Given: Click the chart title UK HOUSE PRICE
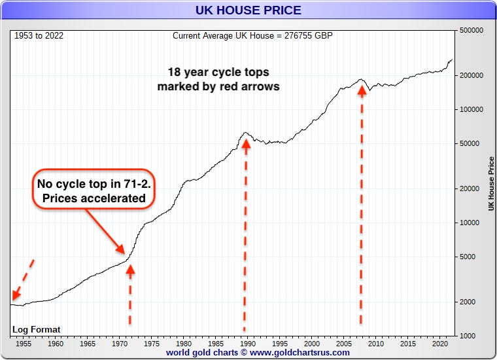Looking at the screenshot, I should [x=248, y=10].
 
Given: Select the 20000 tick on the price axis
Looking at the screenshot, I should [x=471, y=189].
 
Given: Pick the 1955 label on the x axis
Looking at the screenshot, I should [x=23, y=343].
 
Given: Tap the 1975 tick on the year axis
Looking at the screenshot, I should [x=152, y=343].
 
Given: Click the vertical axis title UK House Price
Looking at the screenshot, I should [x=490, y=183].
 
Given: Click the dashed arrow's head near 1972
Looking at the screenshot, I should [x=130, y=268].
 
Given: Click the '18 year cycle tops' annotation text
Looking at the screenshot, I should [x=218, y=79].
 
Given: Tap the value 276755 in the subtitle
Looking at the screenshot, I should [x=300, y=35].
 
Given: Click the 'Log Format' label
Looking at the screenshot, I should [x=37, y=329].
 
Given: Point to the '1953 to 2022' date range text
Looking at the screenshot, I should [x=40, y=35].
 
